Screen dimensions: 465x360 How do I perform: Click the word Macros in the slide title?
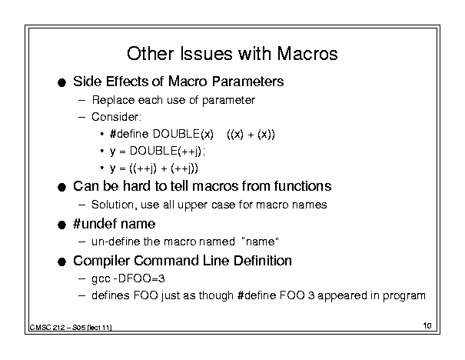pos(307,54)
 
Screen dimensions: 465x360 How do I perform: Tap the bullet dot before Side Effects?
pos(61,82)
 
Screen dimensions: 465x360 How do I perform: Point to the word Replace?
pos(113,100)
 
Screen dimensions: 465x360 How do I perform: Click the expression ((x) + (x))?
pos(251,135)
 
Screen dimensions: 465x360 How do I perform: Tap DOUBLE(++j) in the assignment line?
pos(166,151)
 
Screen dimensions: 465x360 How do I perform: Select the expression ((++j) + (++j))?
pos(164,168)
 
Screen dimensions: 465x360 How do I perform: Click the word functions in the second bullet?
pos(303,186)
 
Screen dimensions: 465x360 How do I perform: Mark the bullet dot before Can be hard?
pos(61,187)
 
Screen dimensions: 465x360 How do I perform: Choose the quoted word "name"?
pos(261,242)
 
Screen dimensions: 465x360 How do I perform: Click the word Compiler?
pos(101,261)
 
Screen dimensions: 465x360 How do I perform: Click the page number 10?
pos(427,325)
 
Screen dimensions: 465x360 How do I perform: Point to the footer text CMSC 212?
pos(47,328)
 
